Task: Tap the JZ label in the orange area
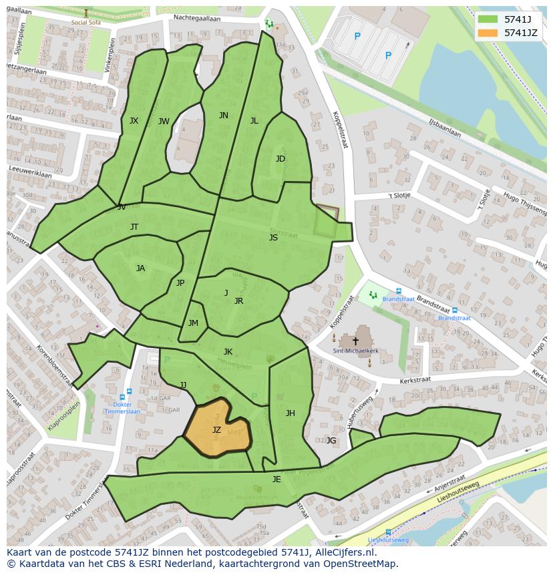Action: pyautogui.click(x=216, y=430)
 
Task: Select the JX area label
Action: pyautogui.click(x=134, y=121)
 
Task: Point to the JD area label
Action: pyautogui.click(x=281, y=159)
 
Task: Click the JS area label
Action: pyautogui.click(x=273, y=238)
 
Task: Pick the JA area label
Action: pyautogui.click(x=140, y=268)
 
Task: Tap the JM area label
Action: pyautogui.click(x=193, y=323)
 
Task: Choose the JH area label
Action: pyautogui.click(x=290, y=413)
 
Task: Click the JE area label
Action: pyautogui.click(x=276, y=480)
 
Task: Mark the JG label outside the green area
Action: pyautogui.click(x=331, y=440)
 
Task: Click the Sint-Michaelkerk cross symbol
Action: pyautogui.click(x=355, y=341)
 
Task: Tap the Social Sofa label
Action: pyautogui.click(x=85, y=21)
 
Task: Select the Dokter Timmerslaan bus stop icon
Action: pyautogui.click(x=128, y=392)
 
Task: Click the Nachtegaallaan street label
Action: pyautogui.click(x=196, y=19)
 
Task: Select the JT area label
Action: pyautogui.click(x=134, y=227)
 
